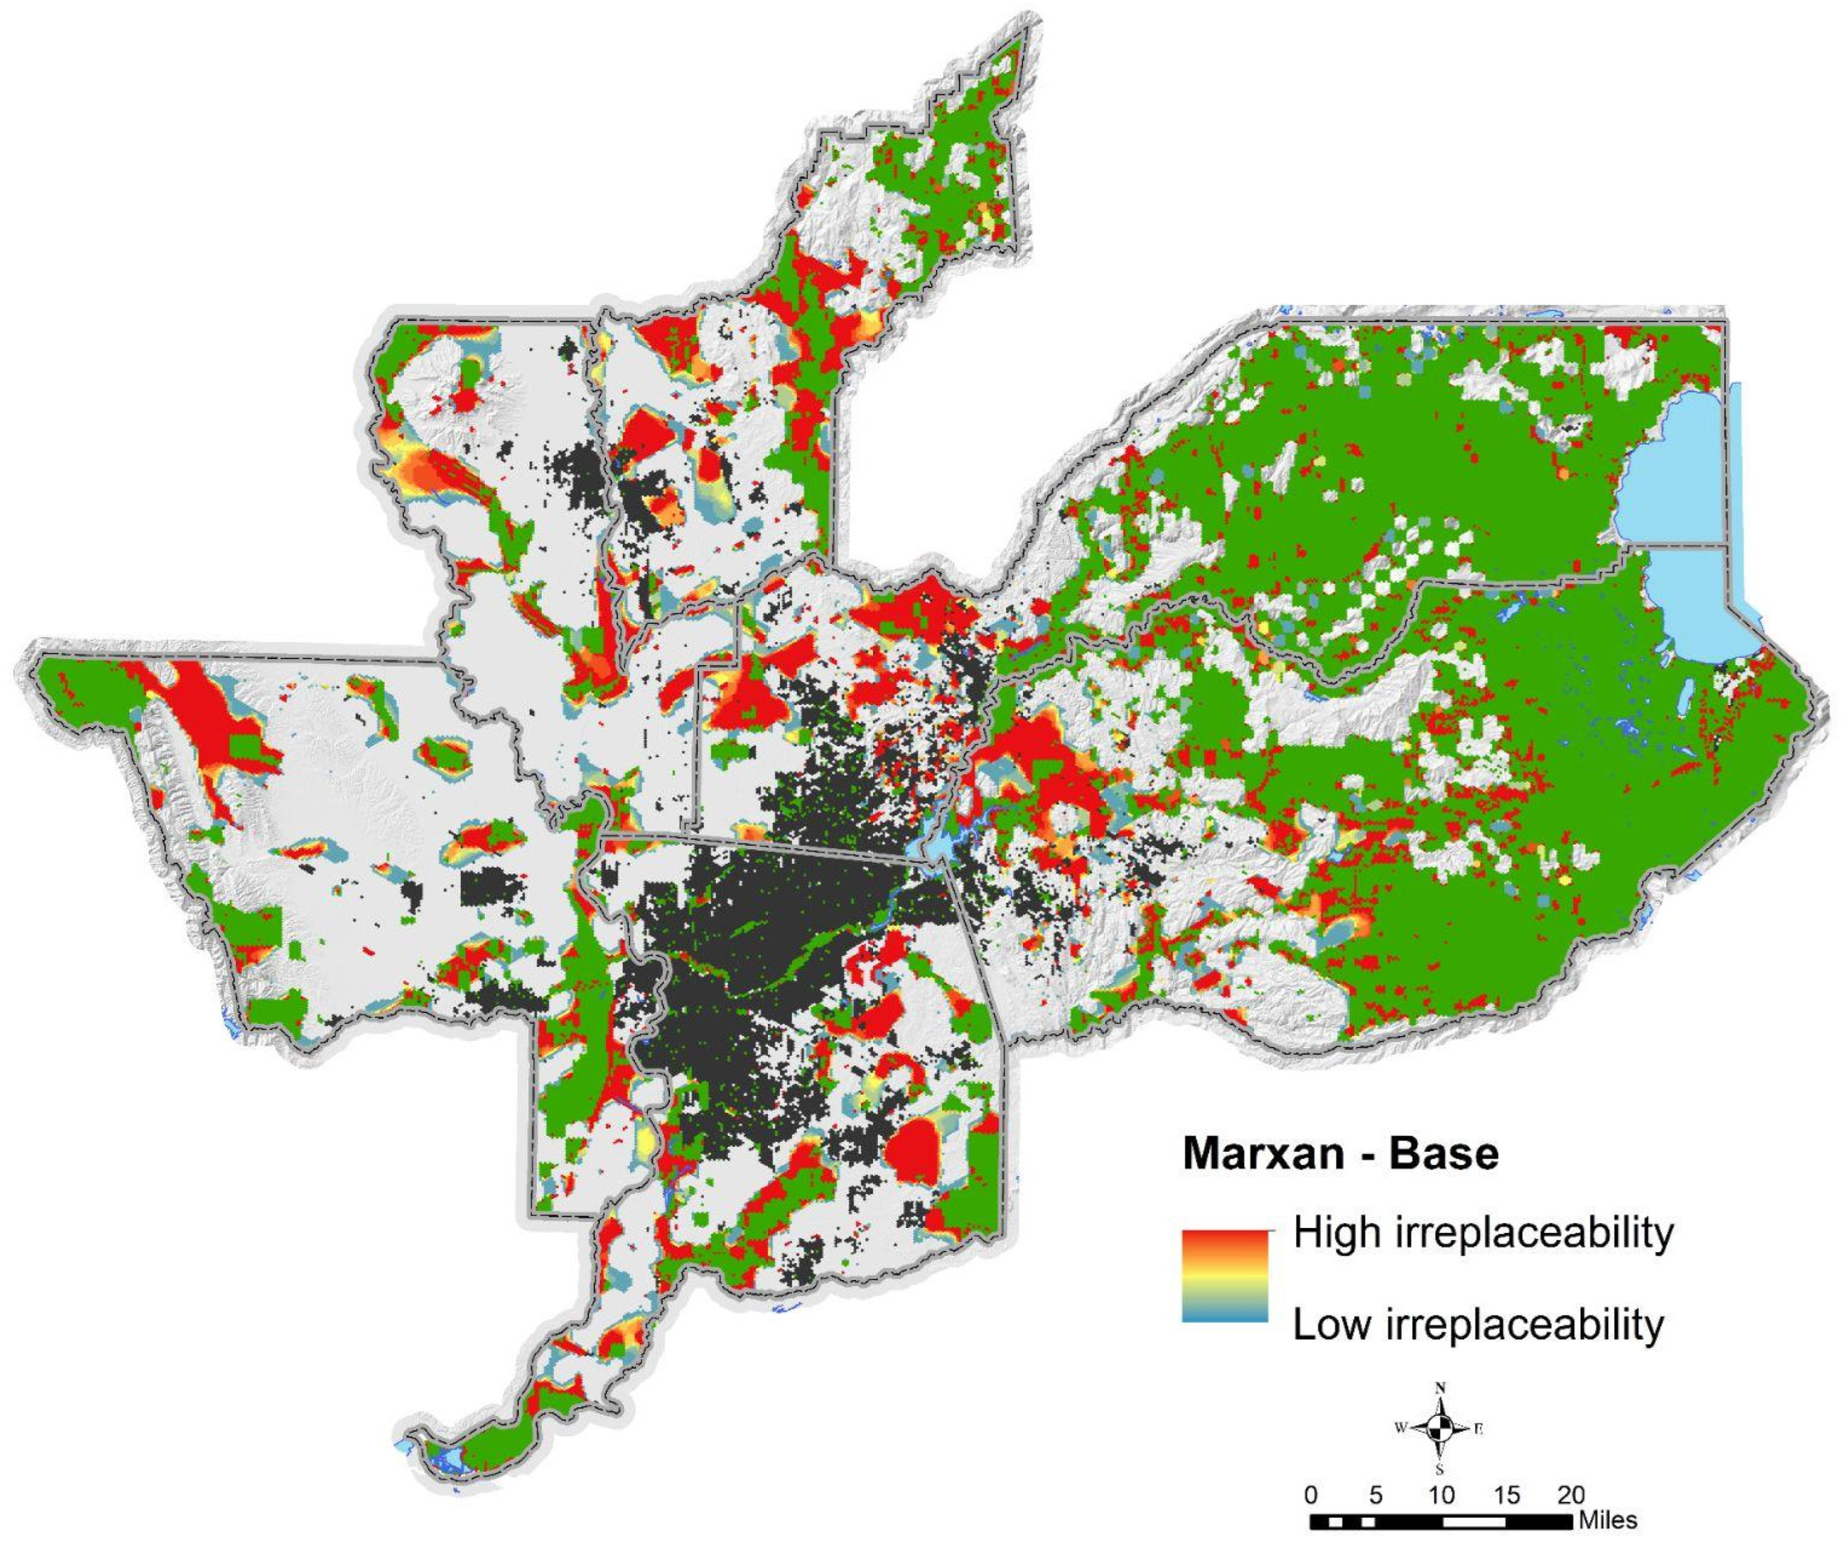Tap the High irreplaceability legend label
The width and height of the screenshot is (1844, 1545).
tap(1483, 1234)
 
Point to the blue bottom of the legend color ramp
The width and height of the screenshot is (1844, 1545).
tap(1225, 1315)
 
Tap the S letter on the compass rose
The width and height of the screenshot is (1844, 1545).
tap(1440, 1469)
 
